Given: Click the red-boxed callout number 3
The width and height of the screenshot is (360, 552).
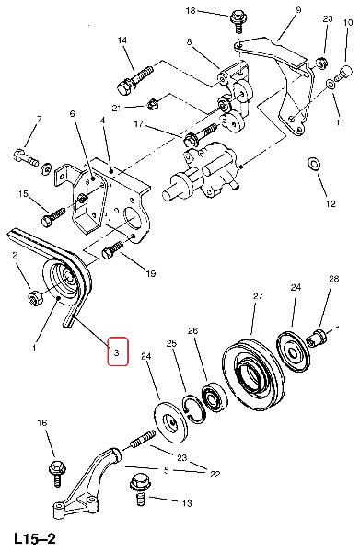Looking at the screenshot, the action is click(x=117, y=351).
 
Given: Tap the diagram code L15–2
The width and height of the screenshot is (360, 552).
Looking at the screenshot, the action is click(x=35, y=538).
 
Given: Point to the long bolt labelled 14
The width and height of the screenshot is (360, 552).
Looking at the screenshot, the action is click(x=134, y=80).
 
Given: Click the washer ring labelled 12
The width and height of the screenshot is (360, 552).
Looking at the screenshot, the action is click(x=314, y=164).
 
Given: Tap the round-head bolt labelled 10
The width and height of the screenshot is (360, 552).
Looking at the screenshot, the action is click(x=343, y=74).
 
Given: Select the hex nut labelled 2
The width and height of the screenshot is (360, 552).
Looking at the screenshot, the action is click(x=34, y=299).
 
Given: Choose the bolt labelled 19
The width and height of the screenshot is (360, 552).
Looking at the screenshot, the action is click(x=112, y=249).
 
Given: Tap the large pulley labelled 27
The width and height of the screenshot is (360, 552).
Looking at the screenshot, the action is click(x=253, y=375).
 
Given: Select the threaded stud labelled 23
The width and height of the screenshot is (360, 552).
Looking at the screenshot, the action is click(x=143, y=437).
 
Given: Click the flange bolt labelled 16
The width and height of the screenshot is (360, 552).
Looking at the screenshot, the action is click(x=57, y=473).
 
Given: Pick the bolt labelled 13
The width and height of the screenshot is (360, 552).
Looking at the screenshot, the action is click(x=140, y=489).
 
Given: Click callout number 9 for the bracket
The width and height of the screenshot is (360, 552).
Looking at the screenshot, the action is click(x=298, y=10).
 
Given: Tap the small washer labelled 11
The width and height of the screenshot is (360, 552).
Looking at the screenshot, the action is click(x=331, y=85).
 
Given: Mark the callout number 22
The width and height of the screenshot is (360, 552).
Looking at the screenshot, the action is click(x=215, y=474).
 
